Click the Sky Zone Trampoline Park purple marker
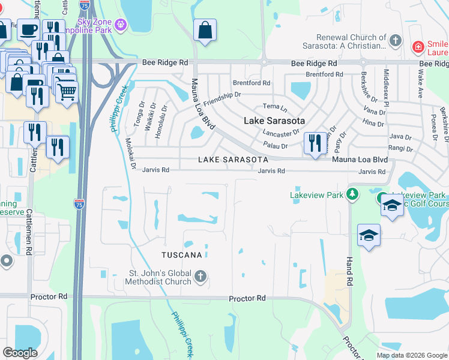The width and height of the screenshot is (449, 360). point(121,25)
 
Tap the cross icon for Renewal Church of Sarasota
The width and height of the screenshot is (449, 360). point(395,41)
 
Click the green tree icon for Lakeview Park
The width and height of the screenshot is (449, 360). point(353,194)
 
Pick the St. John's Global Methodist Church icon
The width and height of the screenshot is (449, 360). point(201,277)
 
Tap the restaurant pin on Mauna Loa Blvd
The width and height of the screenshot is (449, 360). point(315,144)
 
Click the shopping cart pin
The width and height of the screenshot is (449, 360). point(68,91)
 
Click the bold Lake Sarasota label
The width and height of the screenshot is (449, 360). point(274,121)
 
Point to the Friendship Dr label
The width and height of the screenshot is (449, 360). point(221,99)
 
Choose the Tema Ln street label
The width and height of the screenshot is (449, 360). point(275,106)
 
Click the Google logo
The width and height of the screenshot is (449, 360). point(20,352)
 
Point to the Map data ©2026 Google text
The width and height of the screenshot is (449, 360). point(411,355)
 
